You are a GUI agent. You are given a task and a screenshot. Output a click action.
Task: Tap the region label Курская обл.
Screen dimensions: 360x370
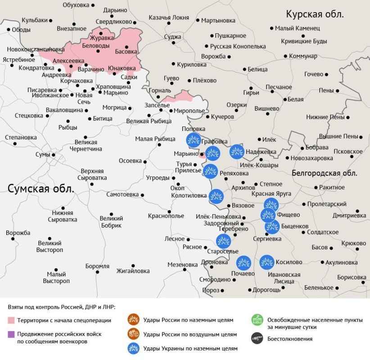point(315,14)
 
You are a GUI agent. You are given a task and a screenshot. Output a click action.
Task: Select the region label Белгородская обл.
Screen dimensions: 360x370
point(324,173)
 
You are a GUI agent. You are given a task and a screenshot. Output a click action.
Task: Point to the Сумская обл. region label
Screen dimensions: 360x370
point(40,188)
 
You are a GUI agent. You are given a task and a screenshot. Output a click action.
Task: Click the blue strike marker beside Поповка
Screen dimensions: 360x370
point(194,140)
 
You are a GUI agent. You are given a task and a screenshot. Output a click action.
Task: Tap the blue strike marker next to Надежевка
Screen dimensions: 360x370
point(237,152)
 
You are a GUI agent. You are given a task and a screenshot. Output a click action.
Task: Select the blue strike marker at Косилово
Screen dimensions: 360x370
point(267,262)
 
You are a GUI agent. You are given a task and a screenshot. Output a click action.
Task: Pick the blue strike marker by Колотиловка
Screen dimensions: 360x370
point(216,196)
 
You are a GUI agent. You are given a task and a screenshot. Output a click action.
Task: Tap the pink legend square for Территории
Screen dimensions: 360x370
point(11,320)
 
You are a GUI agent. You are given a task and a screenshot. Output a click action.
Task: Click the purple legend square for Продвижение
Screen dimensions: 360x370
point(11,334)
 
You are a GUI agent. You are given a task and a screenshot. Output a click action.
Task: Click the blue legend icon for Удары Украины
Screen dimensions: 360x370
point(133,348)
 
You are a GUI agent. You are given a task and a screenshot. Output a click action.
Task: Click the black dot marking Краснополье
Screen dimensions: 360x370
point(169,211)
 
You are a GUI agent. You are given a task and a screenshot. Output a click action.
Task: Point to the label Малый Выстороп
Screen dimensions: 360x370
point(56,277)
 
